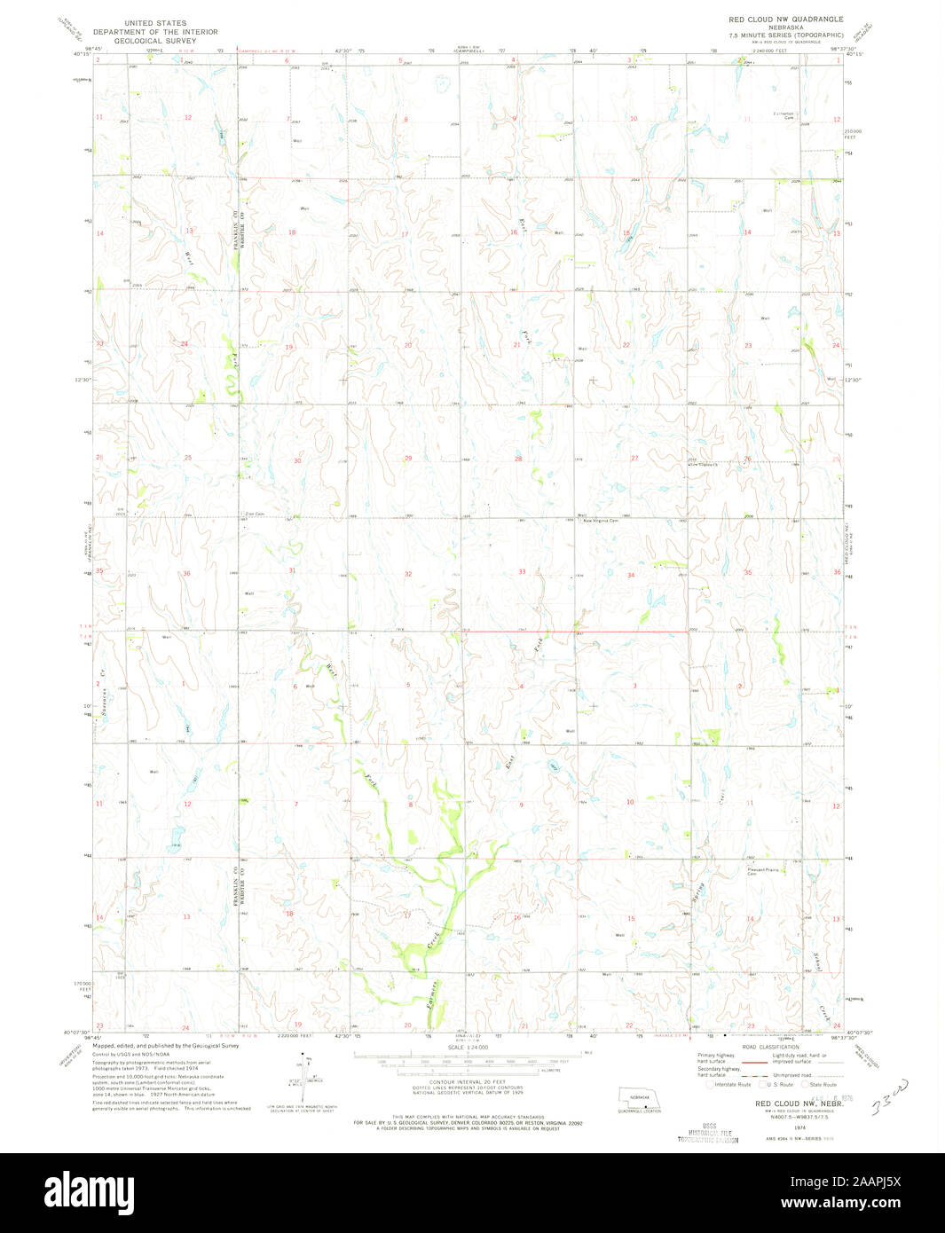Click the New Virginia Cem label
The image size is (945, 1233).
coord(599,521)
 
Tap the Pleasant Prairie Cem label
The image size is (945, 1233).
coord(762,872)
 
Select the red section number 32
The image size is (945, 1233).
coord(408,574)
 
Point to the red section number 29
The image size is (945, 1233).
coord(408,458)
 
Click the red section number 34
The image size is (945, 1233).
coord(631,575)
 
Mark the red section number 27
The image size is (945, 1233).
coord(634,458)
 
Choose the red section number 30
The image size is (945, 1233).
coord(297,460)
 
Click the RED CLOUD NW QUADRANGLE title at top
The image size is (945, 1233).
coord(785,19)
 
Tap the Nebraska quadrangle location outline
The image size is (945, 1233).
coord(640,1098)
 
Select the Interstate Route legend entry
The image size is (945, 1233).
coord(731,1084)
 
